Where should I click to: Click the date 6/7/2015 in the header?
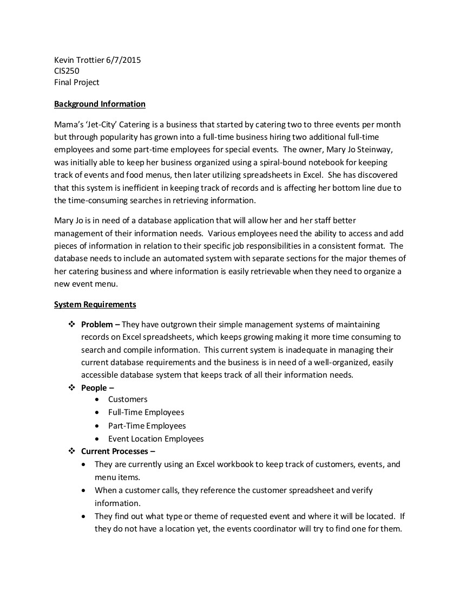click(x=123, y=60)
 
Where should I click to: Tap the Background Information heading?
click(x=100, y=104)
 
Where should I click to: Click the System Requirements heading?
click(x=95, y=305)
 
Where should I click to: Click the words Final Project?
click(x=76, y=82)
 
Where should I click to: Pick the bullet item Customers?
click(x=128, y=399)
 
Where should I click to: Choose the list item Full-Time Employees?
click(x=146, y=412)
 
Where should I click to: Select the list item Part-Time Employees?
click(x=147, y=426)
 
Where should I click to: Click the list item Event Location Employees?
click(x=156, y=439)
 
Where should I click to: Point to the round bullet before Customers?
click(x=96, y=399)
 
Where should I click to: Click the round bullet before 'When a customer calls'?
click(x=83, y=490)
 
